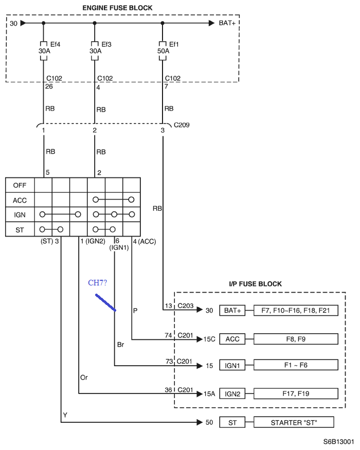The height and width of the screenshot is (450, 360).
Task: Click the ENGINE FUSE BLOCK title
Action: point(117,8)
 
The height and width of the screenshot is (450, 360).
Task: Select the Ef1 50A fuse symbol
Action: point(163,51)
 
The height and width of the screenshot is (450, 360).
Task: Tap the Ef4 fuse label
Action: point(55,44)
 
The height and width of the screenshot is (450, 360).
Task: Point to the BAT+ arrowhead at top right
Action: point(211,23)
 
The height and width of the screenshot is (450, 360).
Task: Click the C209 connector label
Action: point(182,125)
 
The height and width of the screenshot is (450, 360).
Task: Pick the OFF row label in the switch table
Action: point(20,185)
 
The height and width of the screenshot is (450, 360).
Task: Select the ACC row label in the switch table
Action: point(20,201)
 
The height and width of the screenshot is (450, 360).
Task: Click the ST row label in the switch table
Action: point(20,230)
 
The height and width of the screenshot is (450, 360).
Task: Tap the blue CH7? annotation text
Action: point(97,283)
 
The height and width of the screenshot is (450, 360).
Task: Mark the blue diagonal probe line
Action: point(105,302)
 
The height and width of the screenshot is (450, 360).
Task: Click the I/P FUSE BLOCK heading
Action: point(255,284)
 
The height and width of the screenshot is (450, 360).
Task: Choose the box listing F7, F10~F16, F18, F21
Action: point(296,310)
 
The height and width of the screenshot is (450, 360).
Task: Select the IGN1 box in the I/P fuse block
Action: point(232,365)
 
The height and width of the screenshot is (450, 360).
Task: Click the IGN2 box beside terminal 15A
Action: point(232,394)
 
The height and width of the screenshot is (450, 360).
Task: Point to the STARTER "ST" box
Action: point(294,422)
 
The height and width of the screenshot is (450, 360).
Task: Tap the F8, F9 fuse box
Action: point(296,339)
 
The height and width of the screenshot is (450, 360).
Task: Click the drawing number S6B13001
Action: point(338,442)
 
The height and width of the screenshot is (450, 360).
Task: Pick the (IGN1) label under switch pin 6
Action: point(119,247)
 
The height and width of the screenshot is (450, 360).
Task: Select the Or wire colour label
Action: point(84,377)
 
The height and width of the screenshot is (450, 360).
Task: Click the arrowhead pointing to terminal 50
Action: point(200,422)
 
